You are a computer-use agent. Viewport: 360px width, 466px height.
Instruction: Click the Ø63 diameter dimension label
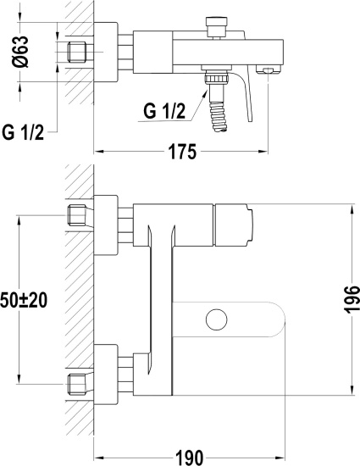(x=21, y=52)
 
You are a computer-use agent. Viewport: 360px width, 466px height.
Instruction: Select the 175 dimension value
(x=182, y=152)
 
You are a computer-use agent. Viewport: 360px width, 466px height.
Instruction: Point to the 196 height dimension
(x=352, y=299)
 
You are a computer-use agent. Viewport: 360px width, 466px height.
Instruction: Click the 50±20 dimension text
(x=24, y=300)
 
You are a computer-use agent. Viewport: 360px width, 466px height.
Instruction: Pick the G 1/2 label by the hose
(x=164, y=111)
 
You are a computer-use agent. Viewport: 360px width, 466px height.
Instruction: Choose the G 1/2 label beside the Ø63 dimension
(x=23, y=132)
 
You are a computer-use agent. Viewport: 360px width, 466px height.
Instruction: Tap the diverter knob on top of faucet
(x=217, y=27)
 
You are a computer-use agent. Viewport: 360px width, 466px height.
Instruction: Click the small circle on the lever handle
(x=217, y=319)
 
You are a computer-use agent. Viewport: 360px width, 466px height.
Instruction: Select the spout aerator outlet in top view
(x=268, y=69)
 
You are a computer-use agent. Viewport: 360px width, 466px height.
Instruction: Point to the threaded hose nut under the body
(x=217, y=79)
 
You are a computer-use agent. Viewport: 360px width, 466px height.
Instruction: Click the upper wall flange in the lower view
(x=106, y=225)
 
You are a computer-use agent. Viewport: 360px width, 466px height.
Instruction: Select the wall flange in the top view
(x=106, y=52)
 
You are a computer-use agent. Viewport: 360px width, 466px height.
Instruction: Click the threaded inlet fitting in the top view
(x=77, y=52)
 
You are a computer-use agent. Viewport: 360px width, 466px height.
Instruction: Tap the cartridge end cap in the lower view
(x=234, y=225)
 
